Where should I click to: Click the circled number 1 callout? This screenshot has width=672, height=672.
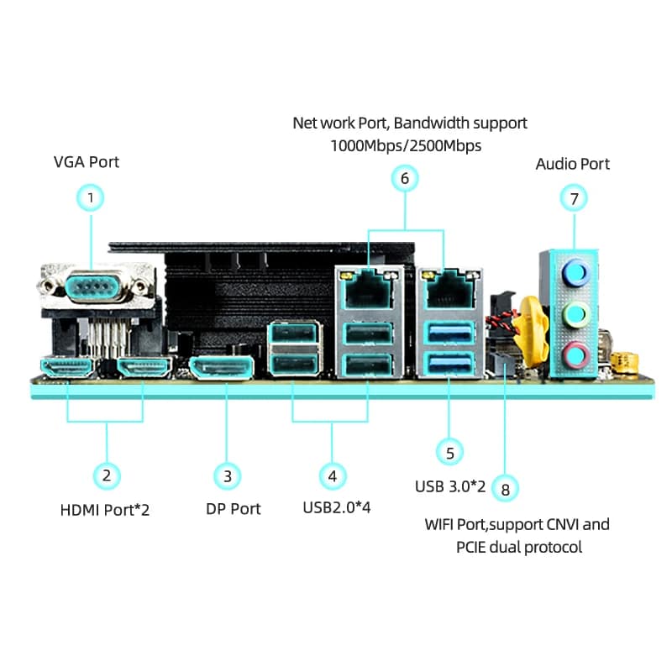click(x=91, y=198)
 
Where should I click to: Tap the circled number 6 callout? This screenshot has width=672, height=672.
click(x=405, y=178)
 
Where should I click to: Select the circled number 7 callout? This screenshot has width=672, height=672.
click(x=574, y=198)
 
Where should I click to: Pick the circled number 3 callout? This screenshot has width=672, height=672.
click(x=227, y=476)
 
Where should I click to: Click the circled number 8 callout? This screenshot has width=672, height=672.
click(x=505, y=488)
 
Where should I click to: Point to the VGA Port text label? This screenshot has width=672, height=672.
click(x=86, y=161)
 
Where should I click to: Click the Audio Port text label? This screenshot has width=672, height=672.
click(x=573, y=164)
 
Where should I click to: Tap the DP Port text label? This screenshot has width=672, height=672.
click(x=234, y=509)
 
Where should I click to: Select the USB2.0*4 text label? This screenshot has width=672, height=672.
click(x=336, y=508)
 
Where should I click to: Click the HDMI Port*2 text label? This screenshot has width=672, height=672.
click(x=105, y=509)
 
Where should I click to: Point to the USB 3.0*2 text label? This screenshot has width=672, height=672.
click(x=450, y=486)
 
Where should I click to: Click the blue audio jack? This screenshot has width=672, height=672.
click(x=574, y=271)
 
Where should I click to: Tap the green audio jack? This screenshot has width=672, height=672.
click(x=574, y=315)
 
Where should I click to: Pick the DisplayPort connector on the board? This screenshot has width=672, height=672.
click(x=222, y=367)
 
